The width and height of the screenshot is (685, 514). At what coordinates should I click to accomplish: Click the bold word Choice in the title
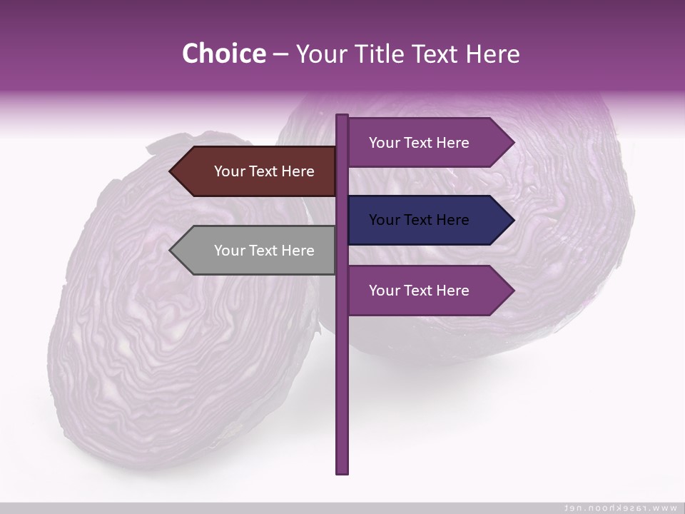[223, 54]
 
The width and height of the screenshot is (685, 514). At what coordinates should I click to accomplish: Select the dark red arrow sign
[257, 171]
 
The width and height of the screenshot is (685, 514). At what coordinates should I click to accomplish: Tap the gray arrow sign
[257, 251]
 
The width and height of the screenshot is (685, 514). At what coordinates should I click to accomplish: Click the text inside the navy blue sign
[419, 220]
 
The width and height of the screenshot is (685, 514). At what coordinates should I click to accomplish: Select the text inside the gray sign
[264, 251]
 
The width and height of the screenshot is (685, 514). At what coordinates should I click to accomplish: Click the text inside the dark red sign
[264, 171]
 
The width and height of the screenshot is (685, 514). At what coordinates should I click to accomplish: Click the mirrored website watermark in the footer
[620, 508]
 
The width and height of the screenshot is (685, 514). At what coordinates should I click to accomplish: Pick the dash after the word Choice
[280, 54]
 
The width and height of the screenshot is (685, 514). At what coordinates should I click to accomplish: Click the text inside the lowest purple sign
[419, 291]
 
